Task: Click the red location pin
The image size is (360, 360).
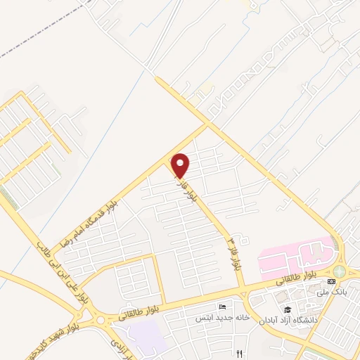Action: [x=181, y=165]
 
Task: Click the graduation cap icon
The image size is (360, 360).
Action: [x=287, y=309]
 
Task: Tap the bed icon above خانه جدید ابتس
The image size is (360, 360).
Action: [x=223, y=307]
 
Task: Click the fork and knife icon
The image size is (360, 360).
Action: [x=240, y=353]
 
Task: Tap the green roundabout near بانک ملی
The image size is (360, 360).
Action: [x=340, y=271]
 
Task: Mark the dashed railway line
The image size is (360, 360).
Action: [x=42, y=35]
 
